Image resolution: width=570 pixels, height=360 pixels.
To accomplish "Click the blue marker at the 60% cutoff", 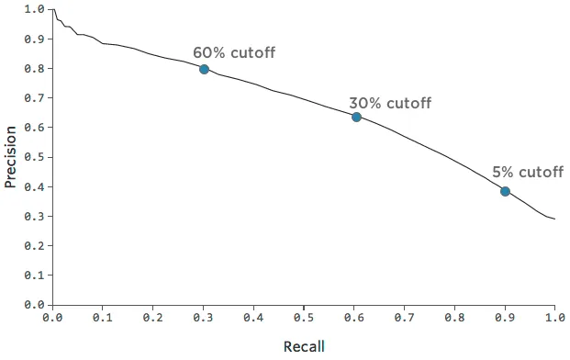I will pos(204,69).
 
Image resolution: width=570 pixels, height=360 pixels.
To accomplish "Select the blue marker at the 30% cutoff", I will pos(356,117).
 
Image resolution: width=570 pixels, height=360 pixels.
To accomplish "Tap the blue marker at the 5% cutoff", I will pos(505,191).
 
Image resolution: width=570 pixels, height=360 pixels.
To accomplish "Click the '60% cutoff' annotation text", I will pos(233,52).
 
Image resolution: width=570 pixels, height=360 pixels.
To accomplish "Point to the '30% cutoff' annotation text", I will pos(389,103).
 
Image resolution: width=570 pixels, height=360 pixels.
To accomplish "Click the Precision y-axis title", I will pos(11,157).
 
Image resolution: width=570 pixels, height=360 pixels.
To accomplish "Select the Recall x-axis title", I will pos(303,346).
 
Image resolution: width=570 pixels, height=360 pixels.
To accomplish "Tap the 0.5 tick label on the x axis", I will pos(304,318).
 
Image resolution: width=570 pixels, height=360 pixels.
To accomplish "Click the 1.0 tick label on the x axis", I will pos(554,318).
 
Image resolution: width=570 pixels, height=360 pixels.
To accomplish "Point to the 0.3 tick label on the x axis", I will pos(203,318).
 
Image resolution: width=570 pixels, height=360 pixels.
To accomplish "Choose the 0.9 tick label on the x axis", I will pos(504,318).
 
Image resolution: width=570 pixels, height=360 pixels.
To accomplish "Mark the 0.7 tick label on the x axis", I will pos(404,318).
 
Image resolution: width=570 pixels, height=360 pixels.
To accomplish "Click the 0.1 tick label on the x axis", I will pos(103,318).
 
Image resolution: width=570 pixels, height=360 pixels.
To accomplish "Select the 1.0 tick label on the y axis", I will pos(35,9).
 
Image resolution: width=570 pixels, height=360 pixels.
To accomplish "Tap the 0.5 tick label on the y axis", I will pos(35,157).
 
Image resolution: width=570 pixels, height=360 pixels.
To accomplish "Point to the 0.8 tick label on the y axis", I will pos(35,69).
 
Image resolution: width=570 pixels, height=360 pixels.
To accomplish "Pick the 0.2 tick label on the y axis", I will pos(35,245).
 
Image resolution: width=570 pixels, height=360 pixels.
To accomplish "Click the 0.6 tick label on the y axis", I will pos(35,128).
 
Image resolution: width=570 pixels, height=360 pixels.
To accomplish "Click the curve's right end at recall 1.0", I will pos(554,219).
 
